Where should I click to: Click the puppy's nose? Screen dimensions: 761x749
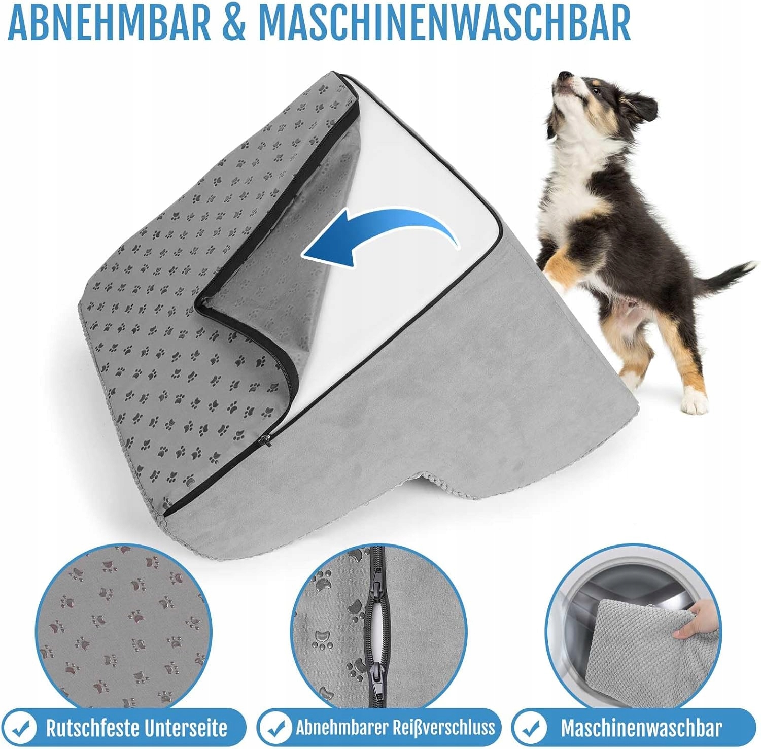563,76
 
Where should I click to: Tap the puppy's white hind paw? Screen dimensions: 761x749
695,401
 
